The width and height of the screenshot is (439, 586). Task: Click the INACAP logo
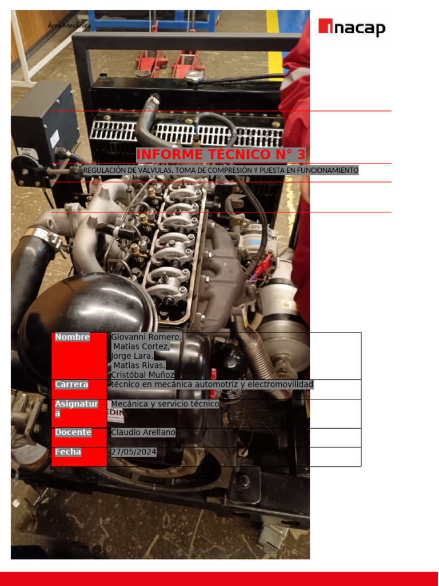tap(352, 27)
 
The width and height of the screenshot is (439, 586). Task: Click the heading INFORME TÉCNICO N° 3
tap(221, 155)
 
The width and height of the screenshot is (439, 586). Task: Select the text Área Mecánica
tap(69, 26)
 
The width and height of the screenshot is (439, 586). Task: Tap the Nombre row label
tap(72, 337)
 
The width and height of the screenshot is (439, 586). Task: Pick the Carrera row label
tap(71, 384)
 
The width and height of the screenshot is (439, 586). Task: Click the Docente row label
tap(73, 432)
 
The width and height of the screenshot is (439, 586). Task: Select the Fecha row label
tap(68, 452)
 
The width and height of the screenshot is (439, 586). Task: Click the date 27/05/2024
tap(133, 452)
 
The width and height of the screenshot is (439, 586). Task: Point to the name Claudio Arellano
tap(143, 432)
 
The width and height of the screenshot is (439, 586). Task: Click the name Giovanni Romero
tap(146, 337)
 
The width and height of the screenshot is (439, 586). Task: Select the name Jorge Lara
tap(128, 356)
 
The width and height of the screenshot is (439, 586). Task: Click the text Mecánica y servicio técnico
tap(165, 404)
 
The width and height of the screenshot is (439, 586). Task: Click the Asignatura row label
tap(76, 408)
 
